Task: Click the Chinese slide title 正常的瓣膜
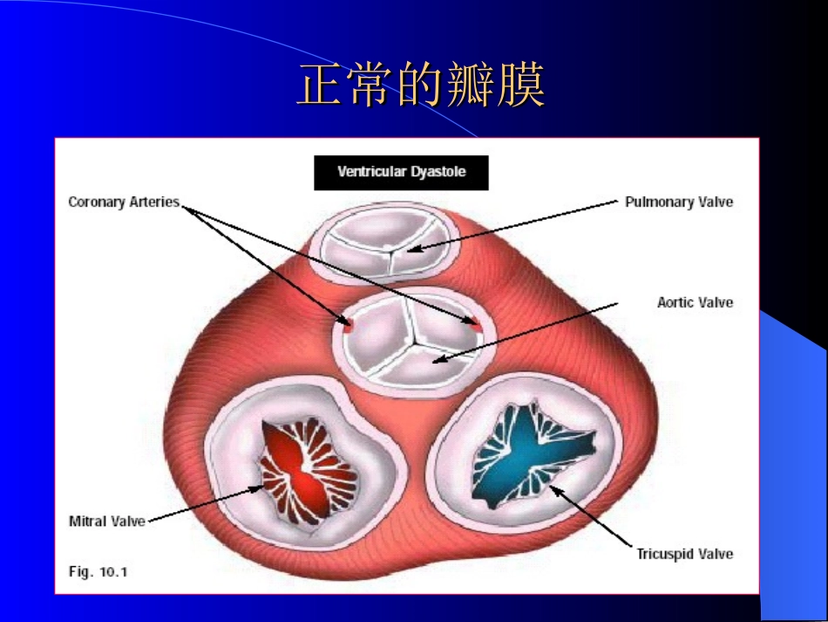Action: pos(421,85)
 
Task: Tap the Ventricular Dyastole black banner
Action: pos(401,172)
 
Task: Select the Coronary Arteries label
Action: pos(124,202)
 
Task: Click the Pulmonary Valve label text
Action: pos(679,202)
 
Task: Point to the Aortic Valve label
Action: pos(695,303)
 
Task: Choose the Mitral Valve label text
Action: pos(106,521)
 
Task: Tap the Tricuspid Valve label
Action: pos(684,554)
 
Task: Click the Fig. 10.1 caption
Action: pos(98,572)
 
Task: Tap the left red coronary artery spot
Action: pos(348,326)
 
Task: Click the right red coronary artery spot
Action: pos(476,322)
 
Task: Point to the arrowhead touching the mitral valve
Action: pos(257,488)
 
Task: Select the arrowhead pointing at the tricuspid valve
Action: pos(554,489)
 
